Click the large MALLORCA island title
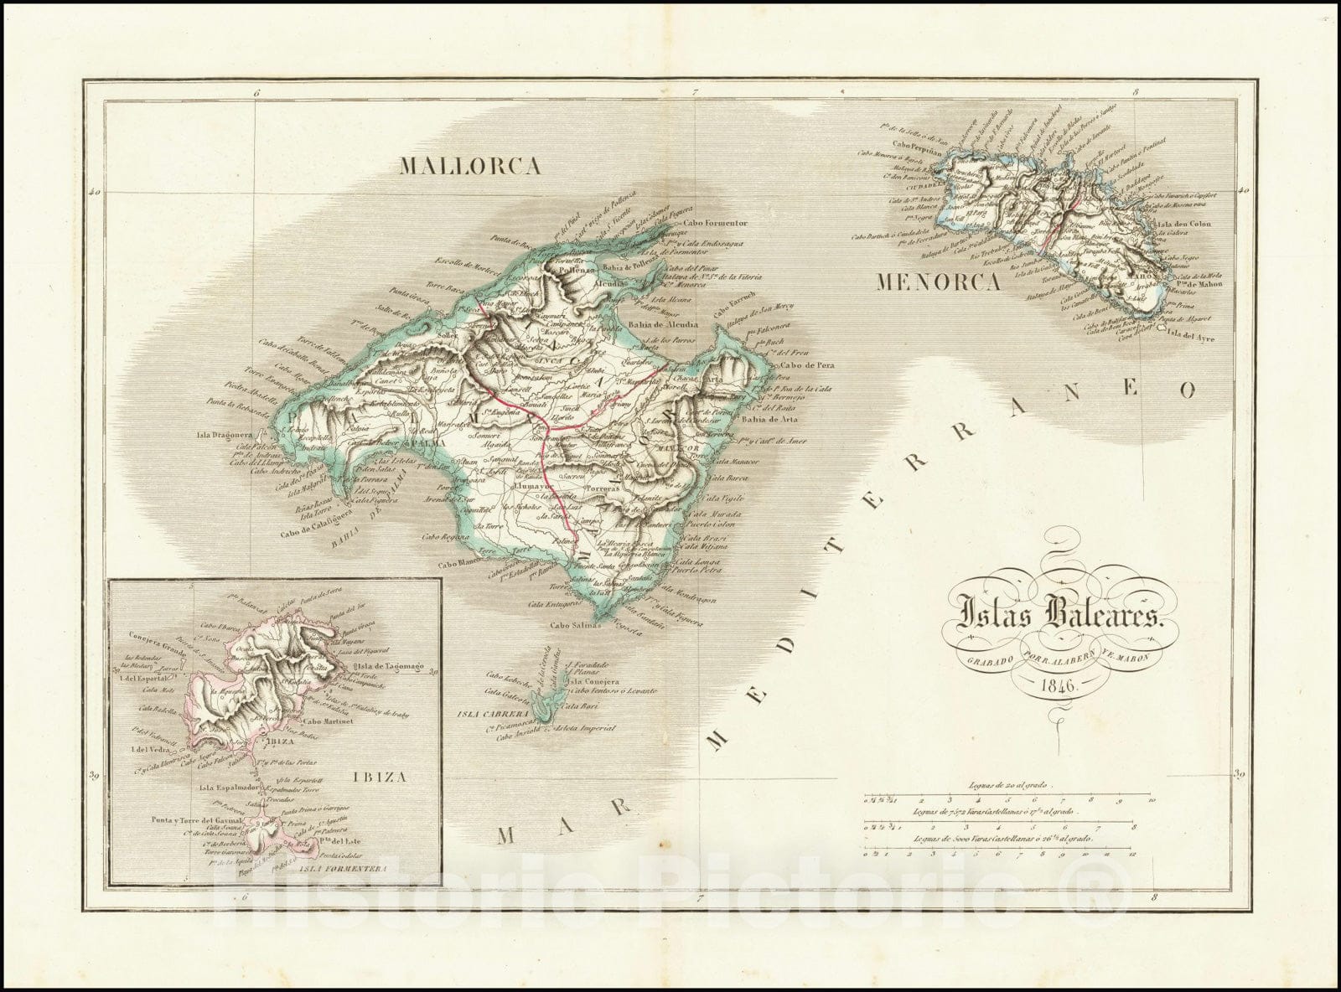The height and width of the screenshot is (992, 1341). click(469, 166)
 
